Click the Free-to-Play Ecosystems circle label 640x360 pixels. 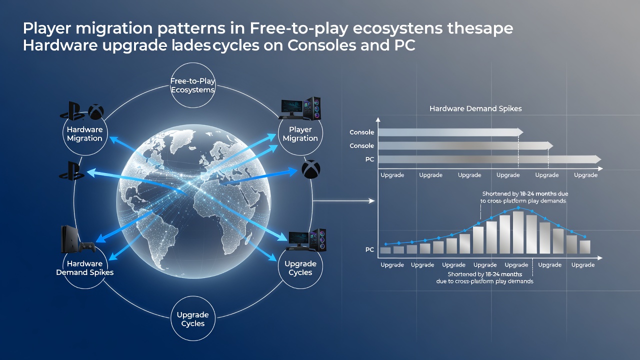point(192,85)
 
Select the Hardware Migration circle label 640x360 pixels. point(84,133)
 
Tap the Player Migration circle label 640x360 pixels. point(300,133)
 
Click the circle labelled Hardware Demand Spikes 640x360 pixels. point(84,267)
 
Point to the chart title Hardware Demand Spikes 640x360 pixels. point(475,108)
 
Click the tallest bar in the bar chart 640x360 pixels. point(518,232)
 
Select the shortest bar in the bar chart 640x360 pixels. point(385,250)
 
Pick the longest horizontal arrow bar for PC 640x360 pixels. point(489,159)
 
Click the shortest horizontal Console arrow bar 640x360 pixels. point(450,132)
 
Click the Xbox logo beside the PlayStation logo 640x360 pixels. point(96,111)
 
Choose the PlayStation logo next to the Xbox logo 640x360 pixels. point(71,111)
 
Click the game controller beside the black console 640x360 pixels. point(87,247)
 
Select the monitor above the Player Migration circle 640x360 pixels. point(291,107)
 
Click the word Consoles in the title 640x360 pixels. point(322,45)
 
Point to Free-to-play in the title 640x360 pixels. point(299,29)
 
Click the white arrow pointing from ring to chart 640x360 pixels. point(343,201)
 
